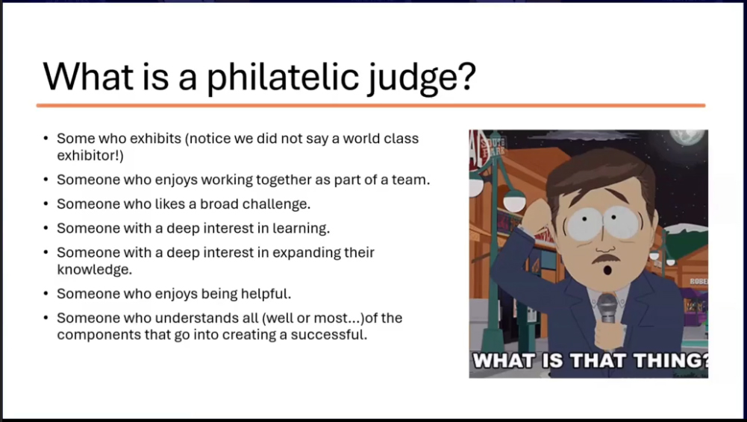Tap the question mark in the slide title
(467, 75)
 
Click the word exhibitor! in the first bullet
(90, 156)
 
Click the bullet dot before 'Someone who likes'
(46, 204)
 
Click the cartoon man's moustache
(606, 259)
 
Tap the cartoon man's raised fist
(538, 214)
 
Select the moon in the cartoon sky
(687, 136)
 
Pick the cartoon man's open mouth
(607, 270)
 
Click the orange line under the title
(371, 105)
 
